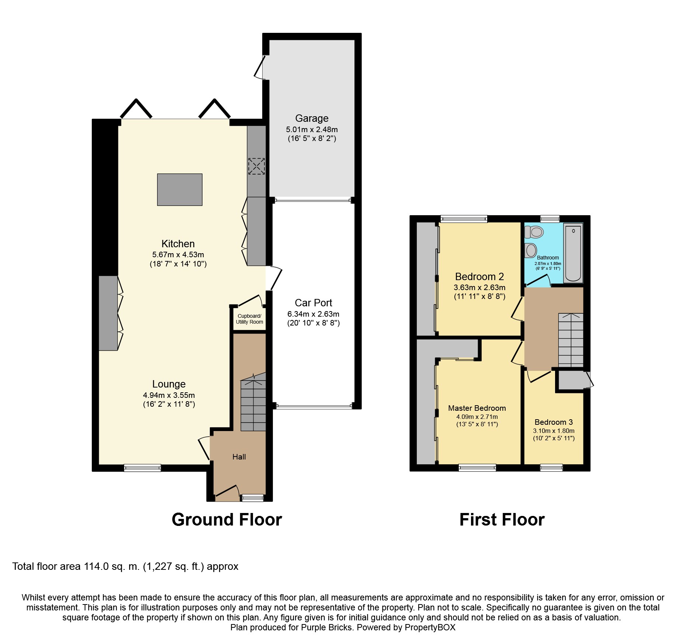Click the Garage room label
tap(312, 118)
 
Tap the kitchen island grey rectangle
tap(180, 189)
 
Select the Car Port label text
tap(313, 303)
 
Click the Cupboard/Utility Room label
tap(249, 319)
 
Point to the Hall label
tap(239, 457)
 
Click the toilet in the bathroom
tap(534, 232)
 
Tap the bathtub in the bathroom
tap(573, 253)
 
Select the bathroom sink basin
tap(531, 250)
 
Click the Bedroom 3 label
tap(554, 422)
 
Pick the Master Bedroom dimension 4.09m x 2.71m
tap(477, 417)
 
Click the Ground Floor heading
tap(226, 520)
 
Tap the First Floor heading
tap(502, 520)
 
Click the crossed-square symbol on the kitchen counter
tap(256, 166)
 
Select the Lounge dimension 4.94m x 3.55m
tap(169, 395)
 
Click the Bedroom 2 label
tap(479, 277)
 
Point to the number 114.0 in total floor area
tap(96, 566)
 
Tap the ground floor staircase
tap(253, 404)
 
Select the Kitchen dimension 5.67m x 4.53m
tap(178, 255)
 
